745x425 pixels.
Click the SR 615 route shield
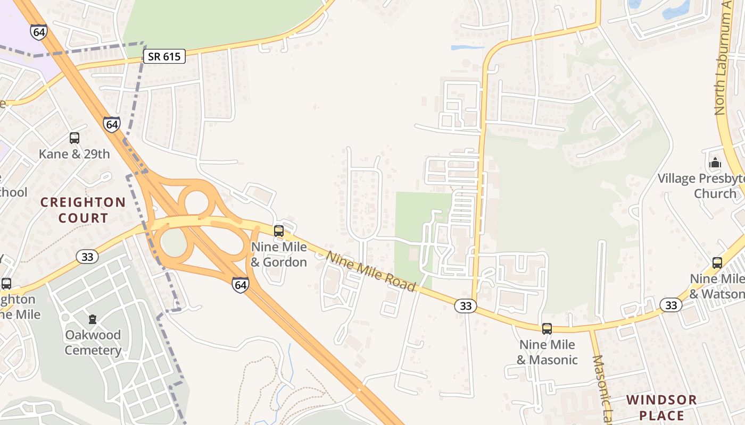[164, 56]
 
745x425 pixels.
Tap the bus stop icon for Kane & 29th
[74, 138]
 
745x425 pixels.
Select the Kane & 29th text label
[74, 154]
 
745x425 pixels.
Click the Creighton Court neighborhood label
[83, 210]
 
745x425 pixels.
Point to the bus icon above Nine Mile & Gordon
[279, 231]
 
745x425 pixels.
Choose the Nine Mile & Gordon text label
[279, 254]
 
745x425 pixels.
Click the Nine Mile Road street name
[371, 271]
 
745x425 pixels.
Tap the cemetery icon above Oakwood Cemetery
[93, 319]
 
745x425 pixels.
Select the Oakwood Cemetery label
[93, 343]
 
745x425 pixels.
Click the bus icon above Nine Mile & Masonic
[547, 329]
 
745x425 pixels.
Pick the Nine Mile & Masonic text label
[547, 352]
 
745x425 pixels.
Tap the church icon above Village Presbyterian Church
[715, 163]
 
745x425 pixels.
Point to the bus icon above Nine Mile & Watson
[717, 263]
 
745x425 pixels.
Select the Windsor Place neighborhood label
[661, 407]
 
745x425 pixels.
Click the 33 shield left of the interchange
[87, 257]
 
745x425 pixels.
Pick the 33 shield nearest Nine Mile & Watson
[671, 305]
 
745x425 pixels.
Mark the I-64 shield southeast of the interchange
[241, 285]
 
